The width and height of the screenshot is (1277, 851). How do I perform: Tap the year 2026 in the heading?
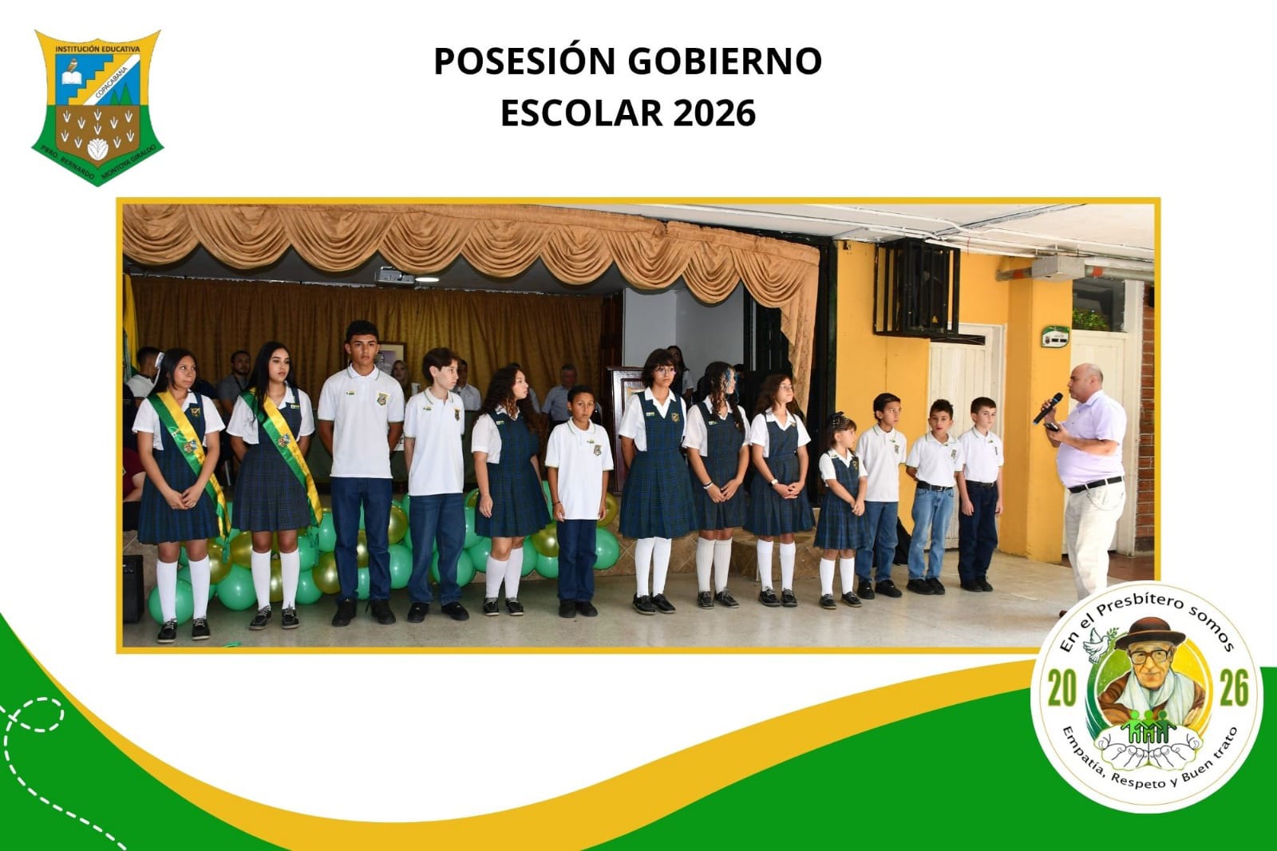tap(714, 113)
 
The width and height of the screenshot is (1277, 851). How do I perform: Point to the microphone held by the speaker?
tap(1049, 407)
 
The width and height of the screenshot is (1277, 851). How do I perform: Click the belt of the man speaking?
tap(1095, 484)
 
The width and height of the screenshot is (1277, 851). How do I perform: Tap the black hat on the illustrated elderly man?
tap(1150, 632)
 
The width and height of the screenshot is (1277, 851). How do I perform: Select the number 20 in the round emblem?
tap(1062, 688)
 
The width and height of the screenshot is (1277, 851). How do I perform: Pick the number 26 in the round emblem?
tap(1233, 688)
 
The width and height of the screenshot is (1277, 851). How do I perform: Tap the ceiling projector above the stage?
tap(394, 276)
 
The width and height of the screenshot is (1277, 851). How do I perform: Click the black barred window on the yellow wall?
tap(915, 288)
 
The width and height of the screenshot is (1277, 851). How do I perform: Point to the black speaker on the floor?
tap(132, 588)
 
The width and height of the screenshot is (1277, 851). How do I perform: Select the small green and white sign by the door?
tap(1054, 336)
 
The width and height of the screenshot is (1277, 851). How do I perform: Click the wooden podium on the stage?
tap(623, 415)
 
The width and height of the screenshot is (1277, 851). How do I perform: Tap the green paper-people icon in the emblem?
tap(1148, 725)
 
